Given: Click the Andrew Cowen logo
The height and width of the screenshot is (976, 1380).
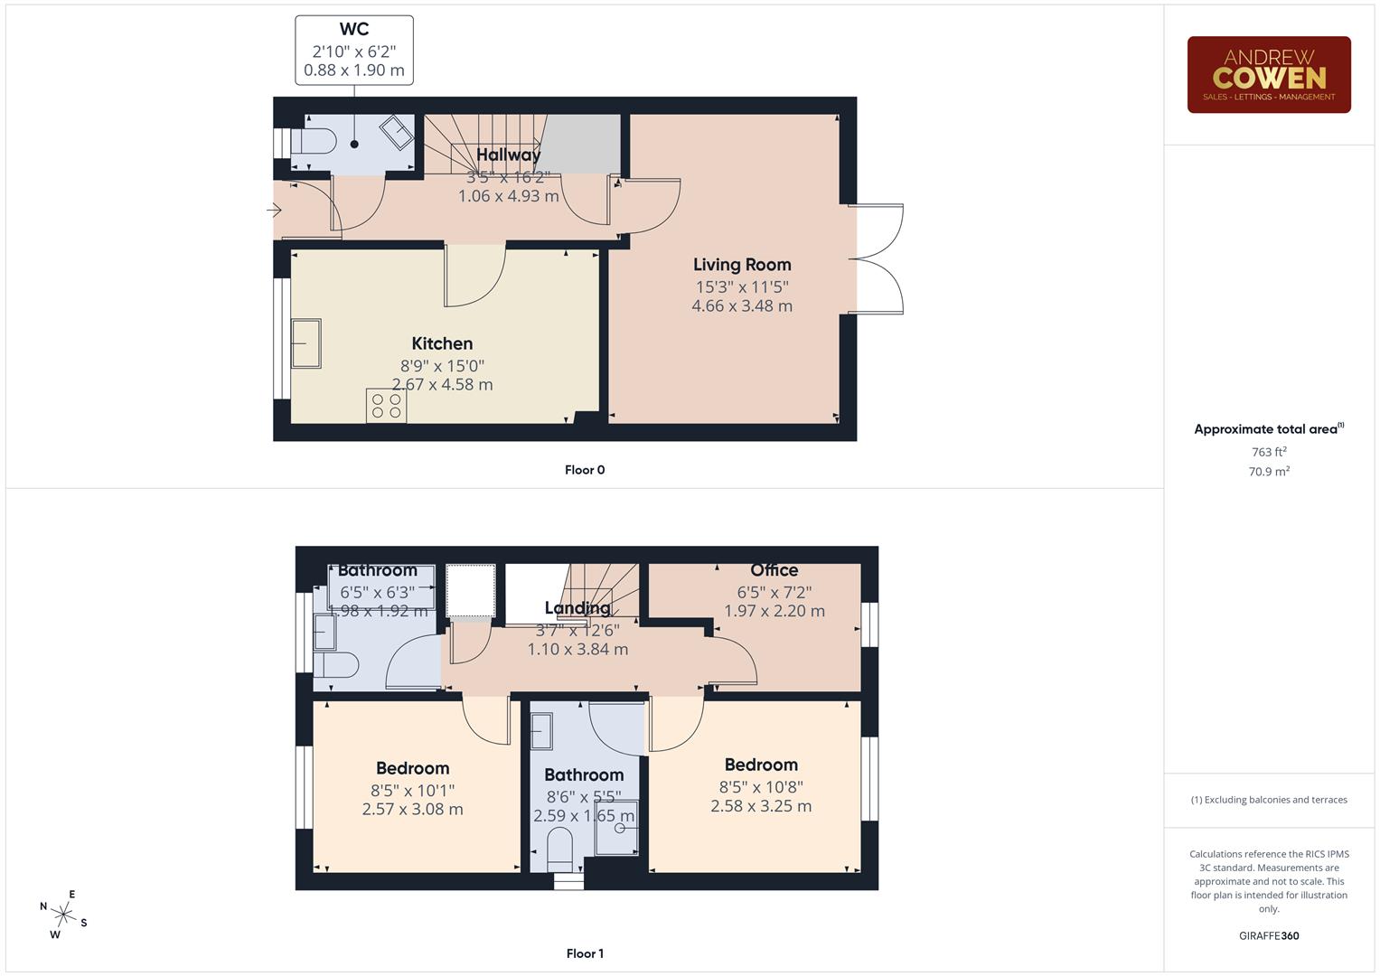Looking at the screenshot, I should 1268,75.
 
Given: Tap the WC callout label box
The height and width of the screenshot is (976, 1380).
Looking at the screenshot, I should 354,51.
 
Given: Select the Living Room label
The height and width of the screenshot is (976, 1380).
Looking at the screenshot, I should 742,265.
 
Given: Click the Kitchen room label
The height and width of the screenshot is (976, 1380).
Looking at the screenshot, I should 442,343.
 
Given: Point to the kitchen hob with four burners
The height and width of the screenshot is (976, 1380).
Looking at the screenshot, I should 386,405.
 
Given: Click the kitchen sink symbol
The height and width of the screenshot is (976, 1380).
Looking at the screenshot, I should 305,343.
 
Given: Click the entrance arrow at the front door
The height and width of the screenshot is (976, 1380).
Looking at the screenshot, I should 275,211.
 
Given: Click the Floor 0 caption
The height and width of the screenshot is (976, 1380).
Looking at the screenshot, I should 585,470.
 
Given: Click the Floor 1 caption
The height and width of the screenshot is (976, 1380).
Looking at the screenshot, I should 585,953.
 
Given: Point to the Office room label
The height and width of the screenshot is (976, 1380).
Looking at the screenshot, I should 774,570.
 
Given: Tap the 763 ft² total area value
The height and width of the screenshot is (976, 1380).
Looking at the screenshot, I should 1268,452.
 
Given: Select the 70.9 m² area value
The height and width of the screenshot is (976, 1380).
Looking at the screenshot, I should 1268,471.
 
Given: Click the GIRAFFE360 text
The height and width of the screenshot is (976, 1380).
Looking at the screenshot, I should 1268,935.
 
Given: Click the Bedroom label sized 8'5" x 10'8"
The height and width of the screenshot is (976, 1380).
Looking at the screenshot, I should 761,765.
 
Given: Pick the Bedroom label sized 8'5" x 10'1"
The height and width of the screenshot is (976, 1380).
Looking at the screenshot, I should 412,768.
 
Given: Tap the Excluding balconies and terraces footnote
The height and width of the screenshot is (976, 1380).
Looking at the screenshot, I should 1268,800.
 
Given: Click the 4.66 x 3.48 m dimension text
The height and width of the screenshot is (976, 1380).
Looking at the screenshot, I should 742,306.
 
